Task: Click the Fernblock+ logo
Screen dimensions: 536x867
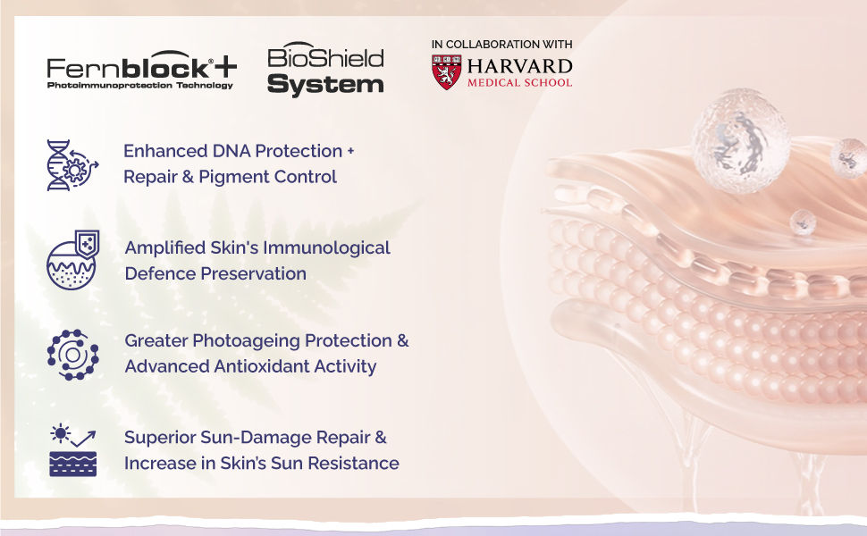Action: (141, 69)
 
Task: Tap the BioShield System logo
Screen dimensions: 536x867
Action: (325, 70)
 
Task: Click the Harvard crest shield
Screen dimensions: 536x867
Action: (446, 71)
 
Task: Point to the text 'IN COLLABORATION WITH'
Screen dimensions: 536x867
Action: (501, 44)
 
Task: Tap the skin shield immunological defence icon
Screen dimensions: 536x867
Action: (72, 259)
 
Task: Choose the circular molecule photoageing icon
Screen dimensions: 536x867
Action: (72, 354)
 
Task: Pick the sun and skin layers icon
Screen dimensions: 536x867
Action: (72, 450)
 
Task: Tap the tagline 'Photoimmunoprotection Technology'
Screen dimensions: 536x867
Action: (139, 86)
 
